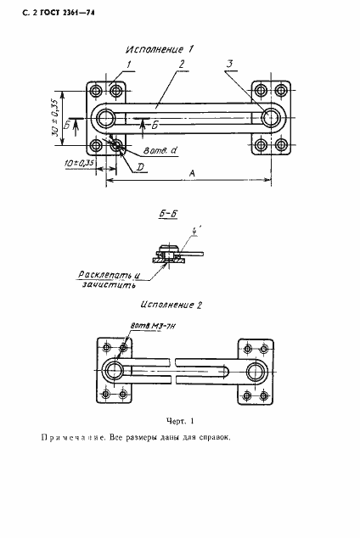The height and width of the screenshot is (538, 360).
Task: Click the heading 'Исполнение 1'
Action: [x=160, y=50]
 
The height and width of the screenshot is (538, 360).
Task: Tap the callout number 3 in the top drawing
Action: [x=230, y=64]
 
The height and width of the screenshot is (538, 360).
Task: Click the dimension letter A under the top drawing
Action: [x=192, y=172]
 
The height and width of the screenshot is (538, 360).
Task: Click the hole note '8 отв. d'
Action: [x=160, y=151]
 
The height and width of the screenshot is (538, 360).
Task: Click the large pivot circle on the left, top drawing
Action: [x=105, y=117]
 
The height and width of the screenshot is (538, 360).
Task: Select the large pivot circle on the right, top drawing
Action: [x=272, y=117]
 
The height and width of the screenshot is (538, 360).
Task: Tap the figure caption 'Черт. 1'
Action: [x=179, y=420]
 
